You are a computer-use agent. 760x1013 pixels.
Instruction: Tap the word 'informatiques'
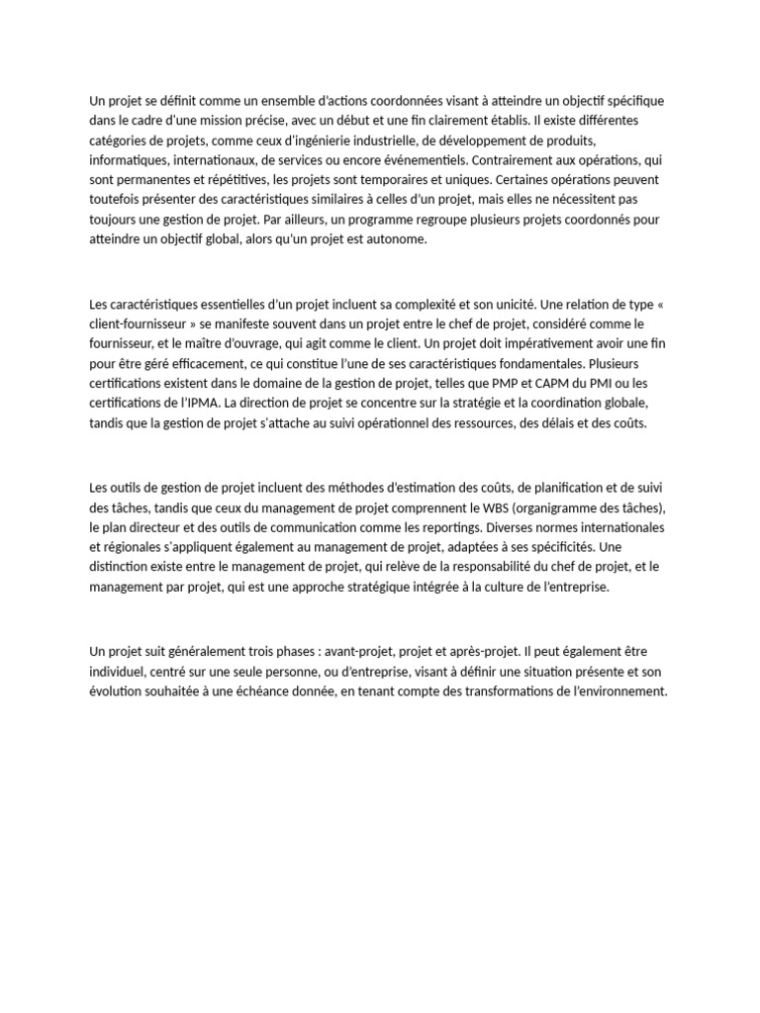(129, 160)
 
